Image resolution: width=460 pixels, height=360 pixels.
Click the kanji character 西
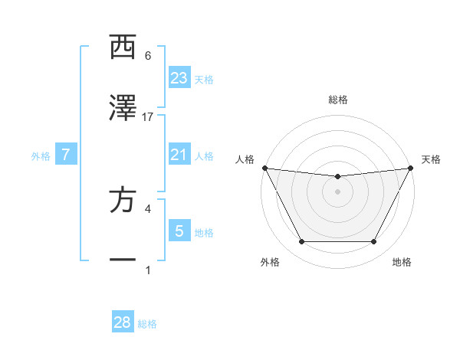pyautogui.click(x=123, y=47)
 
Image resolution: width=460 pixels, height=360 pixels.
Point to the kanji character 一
pyautogui.click(x=123, y=261)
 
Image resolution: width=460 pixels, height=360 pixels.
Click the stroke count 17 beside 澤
pyautogui.click(x=148, y=117)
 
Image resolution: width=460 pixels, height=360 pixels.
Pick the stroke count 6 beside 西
pyautogui.click(x=148, y=56)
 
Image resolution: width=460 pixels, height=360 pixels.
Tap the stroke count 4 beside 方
pyautogui.click(x=148, y=208)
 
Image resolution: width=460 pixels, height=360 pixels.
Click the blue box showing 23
pyautogui.click(x=179, y=77)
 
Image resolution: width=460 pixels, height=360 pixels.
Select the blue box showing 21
pyautogui.click(x=179, y=155)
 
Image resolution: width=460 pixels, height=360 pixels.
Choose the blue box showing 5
pyautogui.click(x=179, y=231)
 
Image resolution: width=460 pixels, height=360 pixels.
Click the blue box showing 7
pyautogui.click(x=66, y=155)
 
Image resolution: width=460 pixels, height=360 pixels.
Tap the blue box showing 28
pyautogui.click(x=123, y=322)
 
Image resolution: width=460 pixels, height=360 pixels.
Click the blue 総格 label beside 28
pyautogui.click(x=147, y=324)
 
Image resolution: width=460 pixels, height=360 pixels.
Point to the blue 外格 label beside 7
pyautogui.click(x=41, y=155)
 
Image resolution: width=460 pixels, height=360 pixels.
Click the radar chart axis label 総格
pyautogui.click(x=337, y=100)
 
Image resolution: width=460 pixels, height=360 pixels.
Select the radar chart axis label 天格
pyautogui.click(x=431, y=159)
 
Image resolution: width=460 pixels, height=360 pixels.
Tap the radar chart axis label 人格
pyautogui.click(x=245, y=159)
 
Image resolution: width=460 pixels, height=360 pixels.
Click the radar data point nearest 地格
pyautogui.click(x=374, y=242)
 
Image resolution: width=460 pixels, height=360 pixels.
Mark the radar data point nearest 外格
pyautogui.click(x=301, y=242)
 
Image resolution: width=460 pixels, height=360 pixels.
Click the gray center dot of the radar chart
pyautogui.click(x=337, y=191)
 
